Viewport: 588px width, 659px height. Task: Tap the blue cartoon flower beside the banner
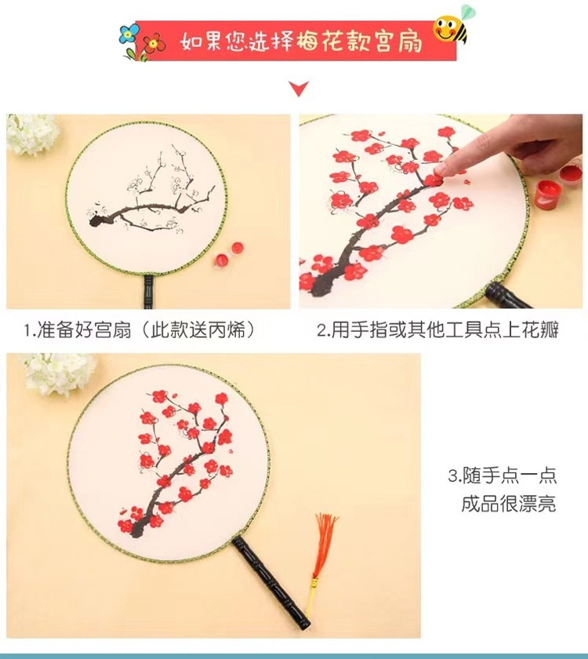[x=129, y=34]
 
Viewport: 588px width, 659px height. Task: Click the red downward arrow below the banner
[x=299, y=88]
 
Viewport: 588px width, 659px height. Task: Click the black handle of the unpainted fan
[x=149, y=291]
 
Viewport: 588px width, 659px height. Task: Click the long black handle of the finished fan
[x=272, y=581]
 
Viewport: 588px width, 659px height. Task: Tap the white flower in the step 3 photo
[x=59, y=374]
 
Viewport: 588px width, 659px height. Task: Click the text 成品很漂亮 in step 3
[x=509, y=503]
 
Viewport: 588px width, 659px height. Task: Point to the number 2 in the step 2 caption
[x=321, y=331]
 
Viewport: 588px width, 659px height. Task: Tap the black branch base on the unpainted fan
[x=97, y=220]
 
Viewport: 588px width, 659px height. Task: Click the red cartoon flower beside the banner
[x=154, y=43]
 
